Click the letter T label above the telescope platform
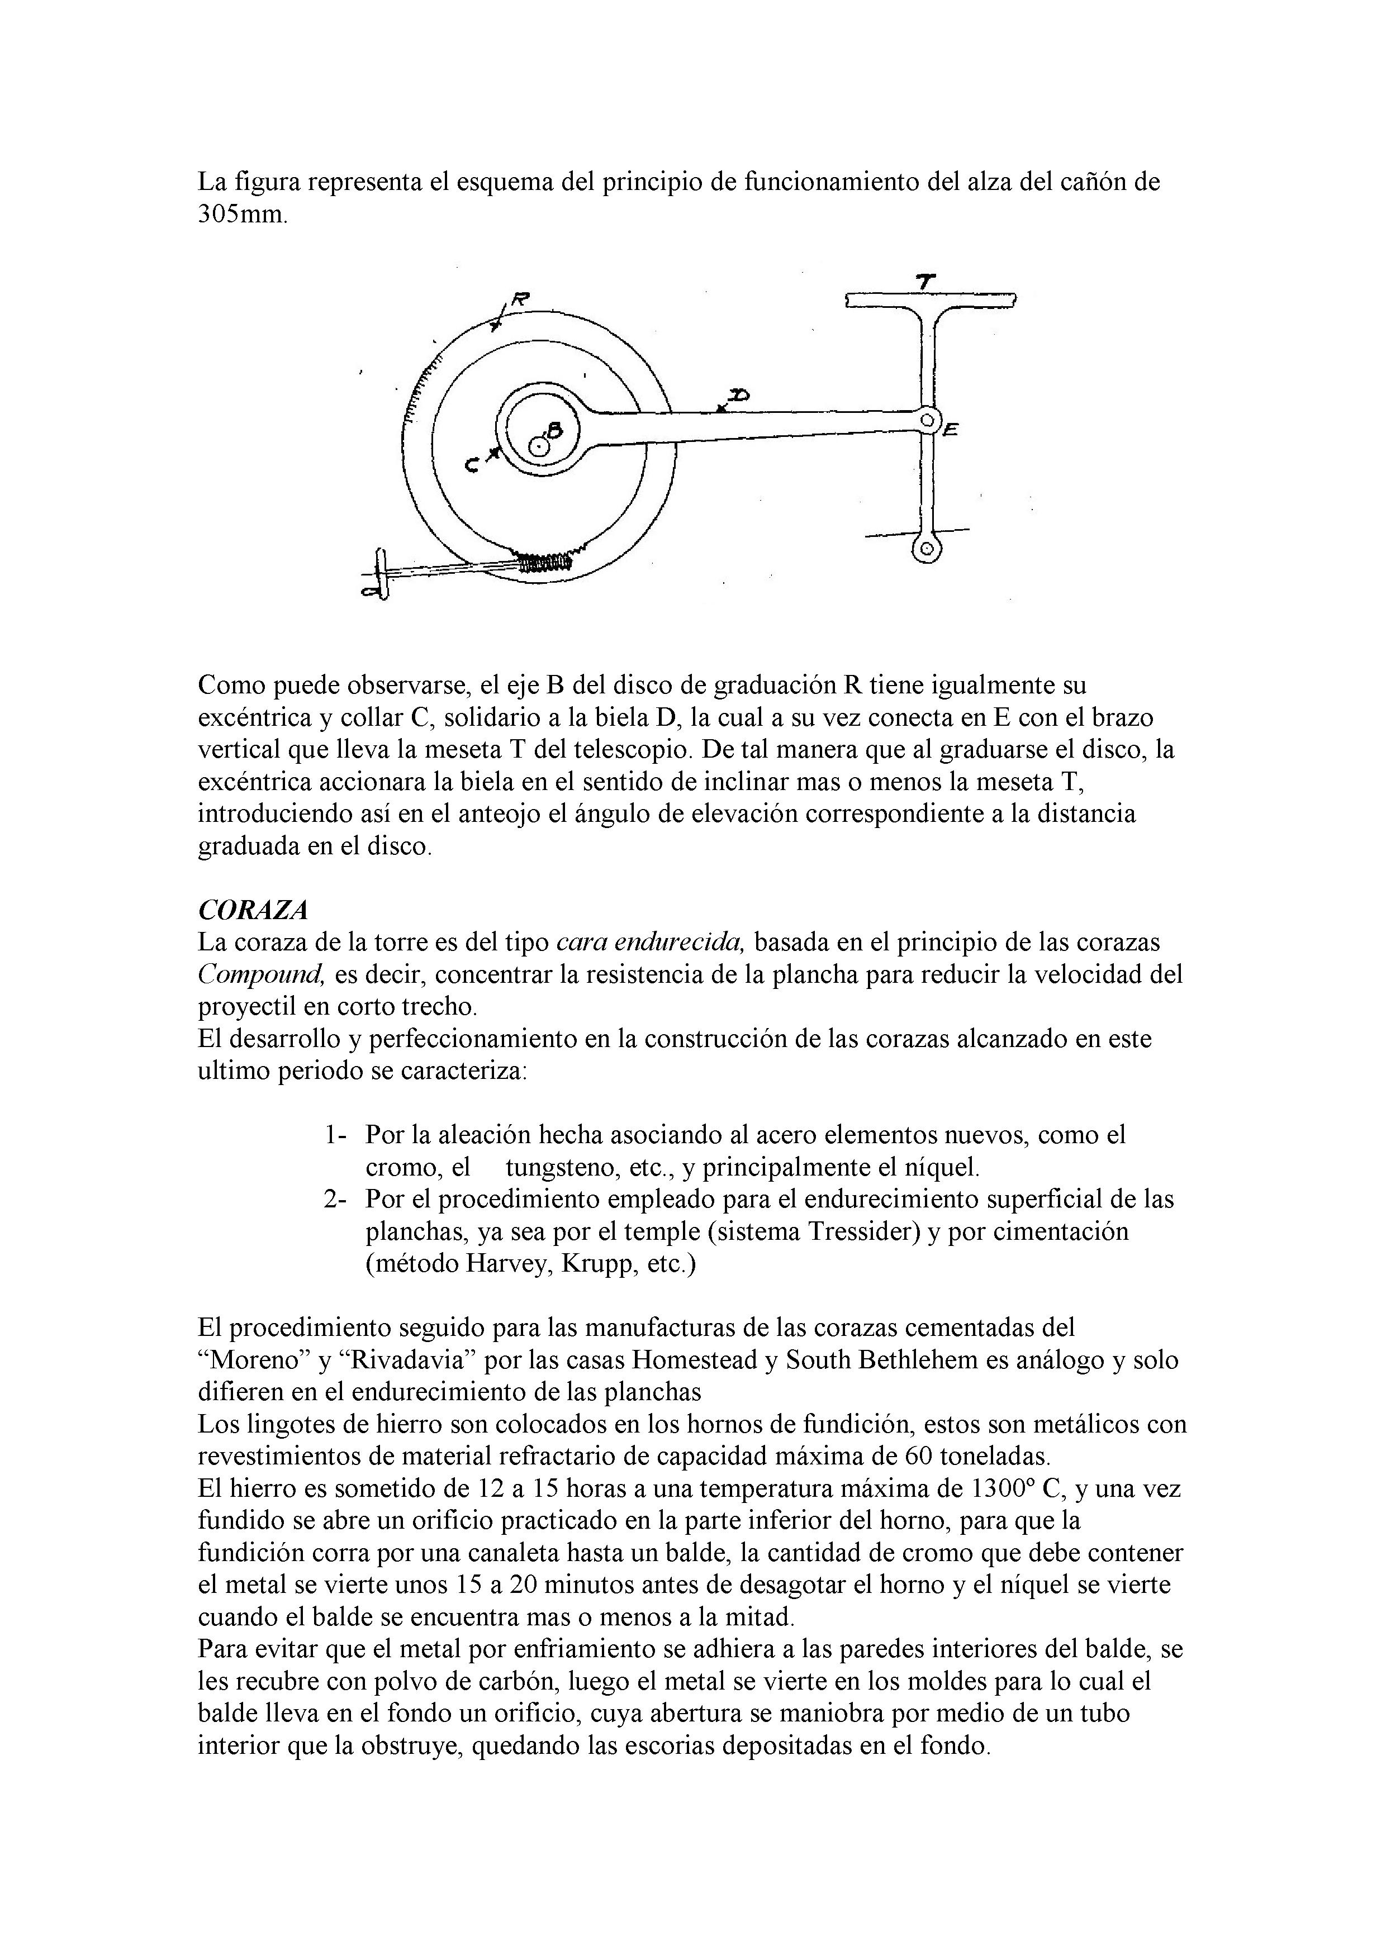click(925, 280)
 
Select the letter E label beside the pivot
click(951, 432)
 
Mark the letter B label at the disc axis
click(554, 431)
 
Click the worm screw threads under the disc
click(544, 561)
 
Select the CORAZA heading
click(252, 911)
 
